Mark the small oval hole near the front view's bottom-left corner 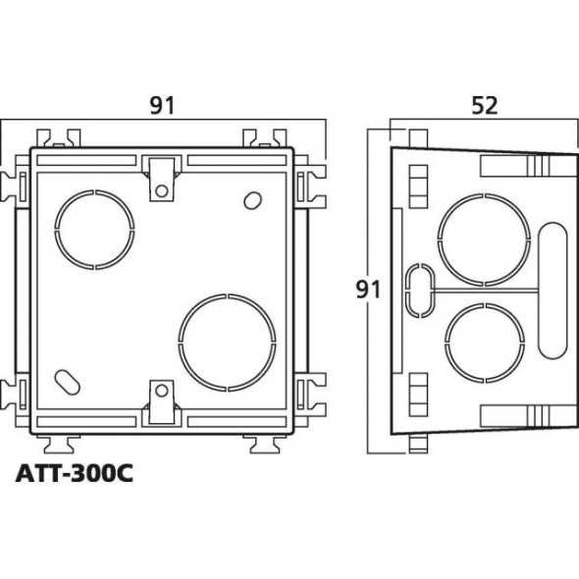point(68,380)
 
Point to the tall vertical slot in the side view point(552,289)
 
